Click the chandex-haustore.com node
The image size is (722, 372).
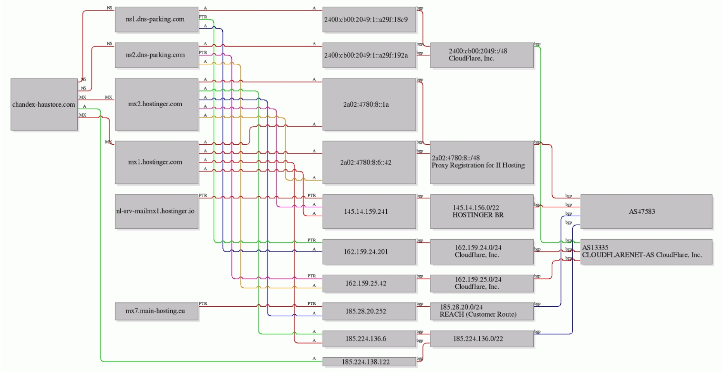[44, 104]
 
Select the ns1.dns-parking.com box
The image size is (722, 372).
[157, 20]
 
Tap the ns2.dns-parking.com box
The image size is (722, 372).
[157, 55]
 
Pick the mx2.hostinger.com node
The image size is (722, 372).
[157, 104]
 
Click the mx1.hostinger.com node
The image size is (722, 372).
[157, 162]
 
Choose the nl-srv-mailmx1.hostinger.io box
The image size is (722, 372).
[157, 211]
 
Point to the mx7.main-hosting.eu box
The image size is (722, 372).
[157, 312]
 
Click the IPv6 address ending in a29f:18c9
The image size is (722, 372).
[369, 20]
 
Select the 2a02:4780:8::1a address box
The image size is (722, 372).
[369, 104]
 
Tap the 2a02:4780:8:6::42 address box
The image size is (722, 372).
[369, 162]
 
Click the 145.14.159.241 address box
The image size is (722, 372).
[369, 211]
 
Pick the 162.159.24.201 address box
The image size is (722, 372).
[369, 251]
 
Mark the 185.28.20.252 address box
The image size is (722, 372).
[369, 312]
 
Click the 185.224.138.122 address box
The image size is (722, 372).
[369, 362]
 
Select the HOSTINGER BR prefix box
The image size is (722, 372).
[481, 211]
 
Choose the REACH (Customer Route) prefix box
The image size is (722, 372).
[481, 312]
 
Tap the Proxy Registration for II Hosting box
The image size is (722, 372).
[481, 162]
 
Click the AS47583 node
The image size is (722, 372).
[646, 211]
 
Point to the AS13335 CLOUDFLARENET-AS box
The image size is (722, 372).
[646, 251]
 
